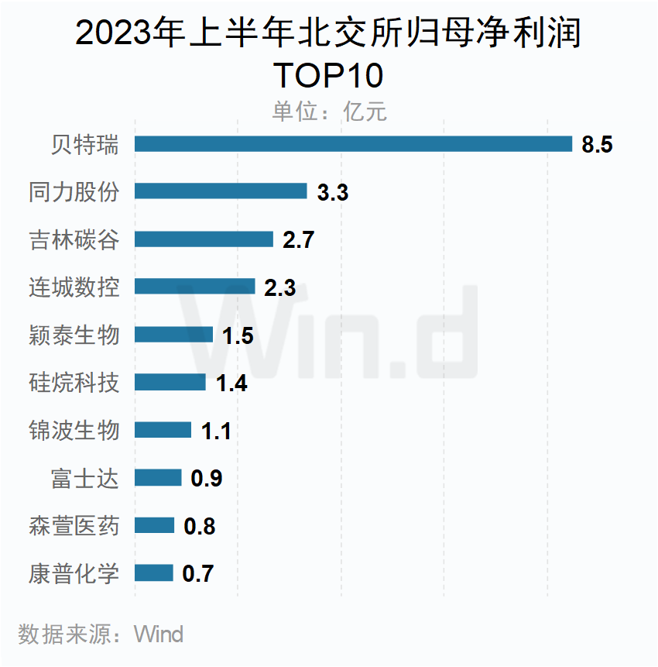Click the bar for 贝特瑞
353,144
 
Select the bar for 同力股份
221,191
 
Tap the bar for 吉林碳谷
204,239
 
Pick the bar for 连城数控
194,287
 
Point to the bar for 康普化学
153,573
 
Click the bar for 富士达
158,478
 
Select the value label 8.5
597,145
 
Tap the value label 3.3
333,192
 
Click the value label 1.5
238,335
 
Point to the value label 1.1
216,431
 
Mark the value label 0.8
199,527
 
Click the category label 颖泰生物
74,335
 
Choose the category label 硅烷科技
74,382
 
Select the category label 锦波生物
74,430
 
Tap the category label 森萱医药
74,526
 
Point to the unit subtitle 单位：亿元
329,112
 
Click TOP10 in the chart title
329,75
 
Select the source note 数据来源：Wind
101,634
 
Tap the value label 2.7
298,240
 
